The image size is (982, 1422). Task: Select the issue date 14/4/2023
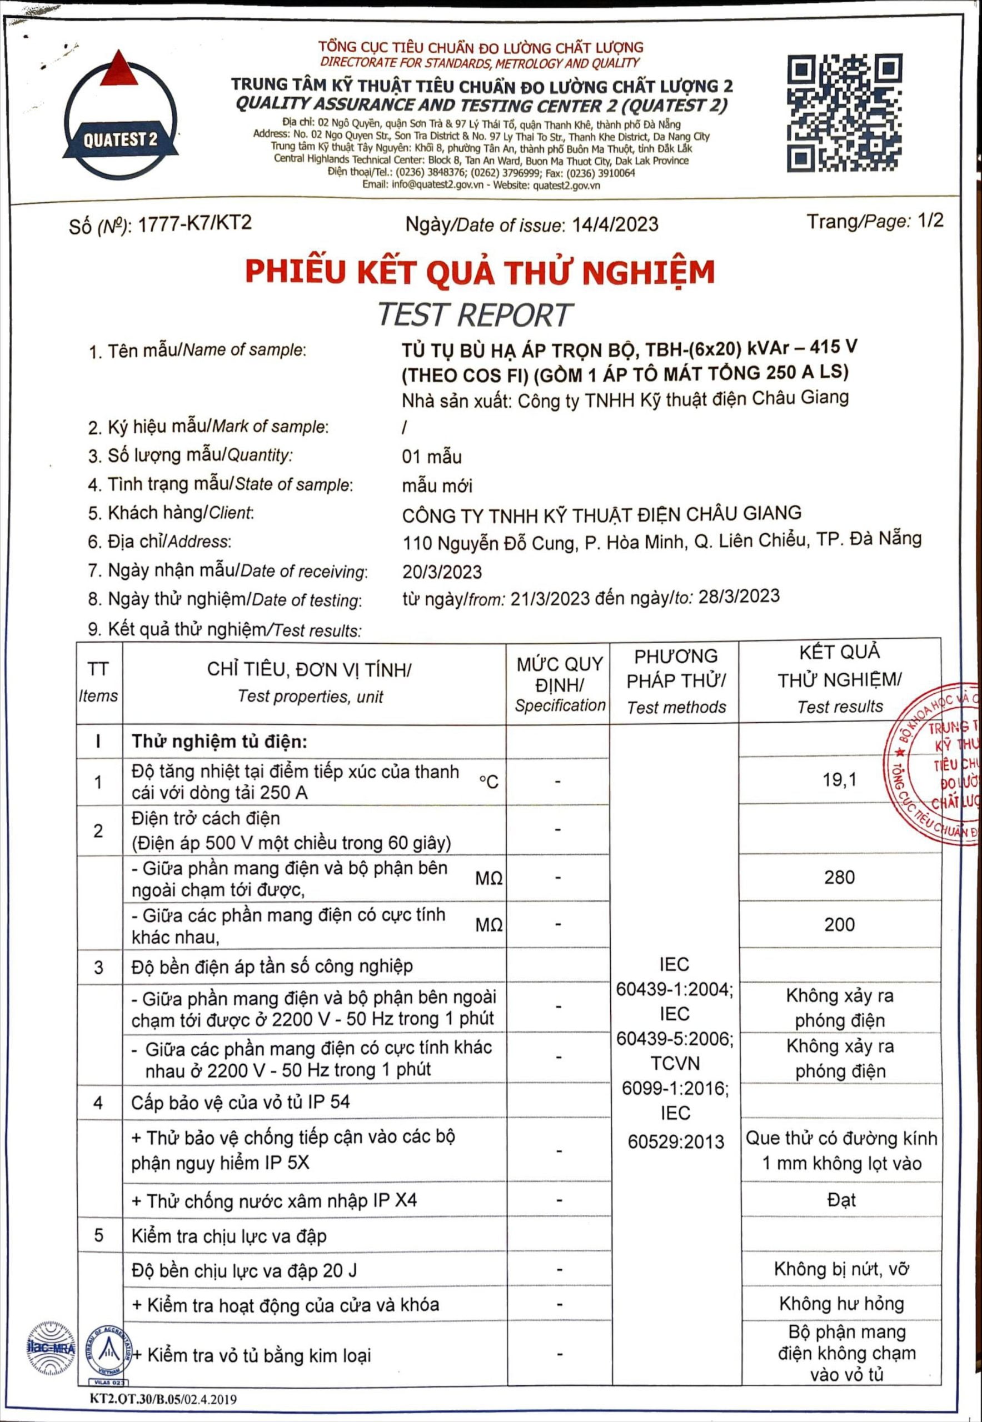615,224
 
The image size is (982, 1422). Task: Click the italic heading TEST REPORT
475,315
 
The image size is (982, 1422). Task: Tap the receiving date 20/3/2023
442,572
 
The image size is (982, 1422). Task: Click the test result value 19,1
839,780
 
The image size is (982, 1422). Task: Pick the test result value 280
839,877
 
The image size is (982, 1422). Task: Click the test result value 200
839,924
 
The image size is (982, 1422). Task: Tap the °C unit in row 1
488,782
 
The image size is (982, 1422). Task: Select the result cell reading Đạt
841,1200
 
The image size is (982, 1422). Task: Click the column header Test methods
676,707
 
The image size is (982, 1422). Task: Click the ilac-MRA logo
51,1349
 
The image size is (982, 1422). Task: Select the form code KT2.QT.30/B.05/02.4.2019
162,1399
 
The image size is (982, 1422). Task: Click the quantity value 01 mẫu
431,457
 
